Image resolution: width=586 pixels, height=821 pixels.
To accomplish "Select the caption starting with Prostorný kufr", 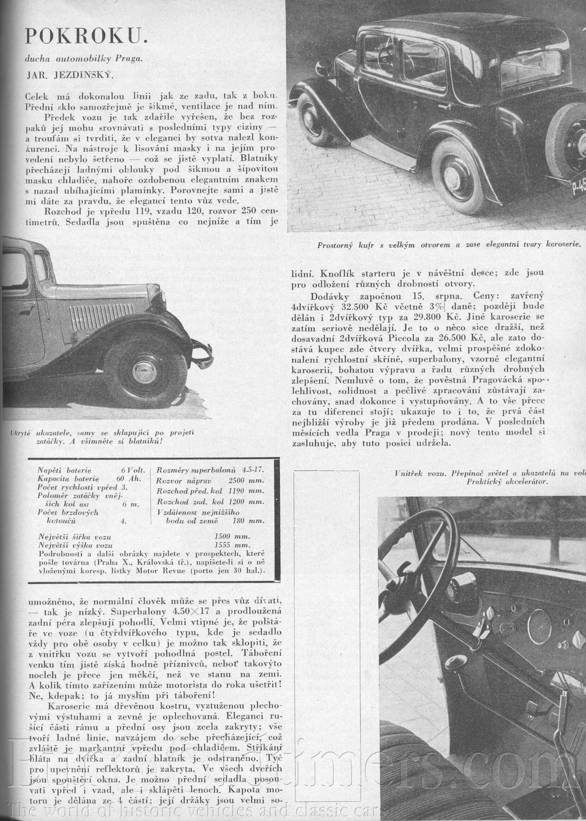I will (x=449, y=245).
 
